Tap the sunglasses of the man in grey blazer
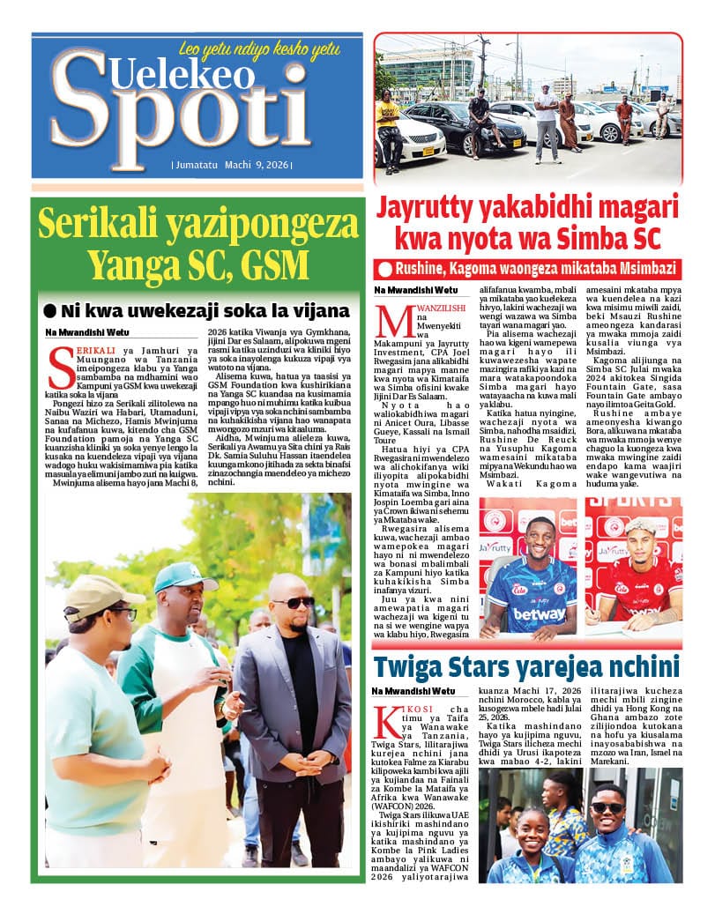(292, 603)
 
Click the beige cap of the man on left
(100, 596)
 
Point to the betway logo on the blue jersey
(538, 613)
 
